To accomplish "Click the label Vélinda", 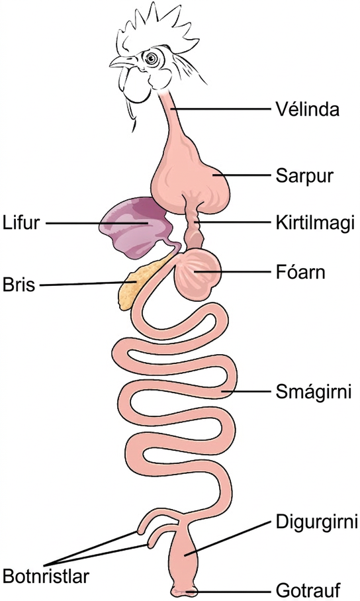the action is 308,109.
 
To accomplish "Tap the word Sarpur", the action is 304,176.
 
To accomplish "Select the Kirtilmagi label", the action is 315,223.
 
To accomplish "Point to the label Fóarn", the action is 300,272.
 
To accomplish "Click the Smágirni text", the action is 314,392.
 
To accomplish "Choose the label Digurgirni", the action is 317,522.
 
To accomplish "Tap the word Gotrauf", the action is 308,590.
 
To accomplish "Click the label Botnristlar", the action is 46,577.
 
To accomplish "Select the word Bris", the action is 19,285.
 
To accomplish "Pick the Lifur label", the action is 21,223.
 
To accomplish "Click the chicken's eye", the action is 151,58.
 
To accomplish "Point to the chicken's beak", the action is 122,62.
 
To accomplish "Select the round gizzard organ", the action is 197,273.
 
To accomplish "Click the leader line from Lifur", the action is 97,223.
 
